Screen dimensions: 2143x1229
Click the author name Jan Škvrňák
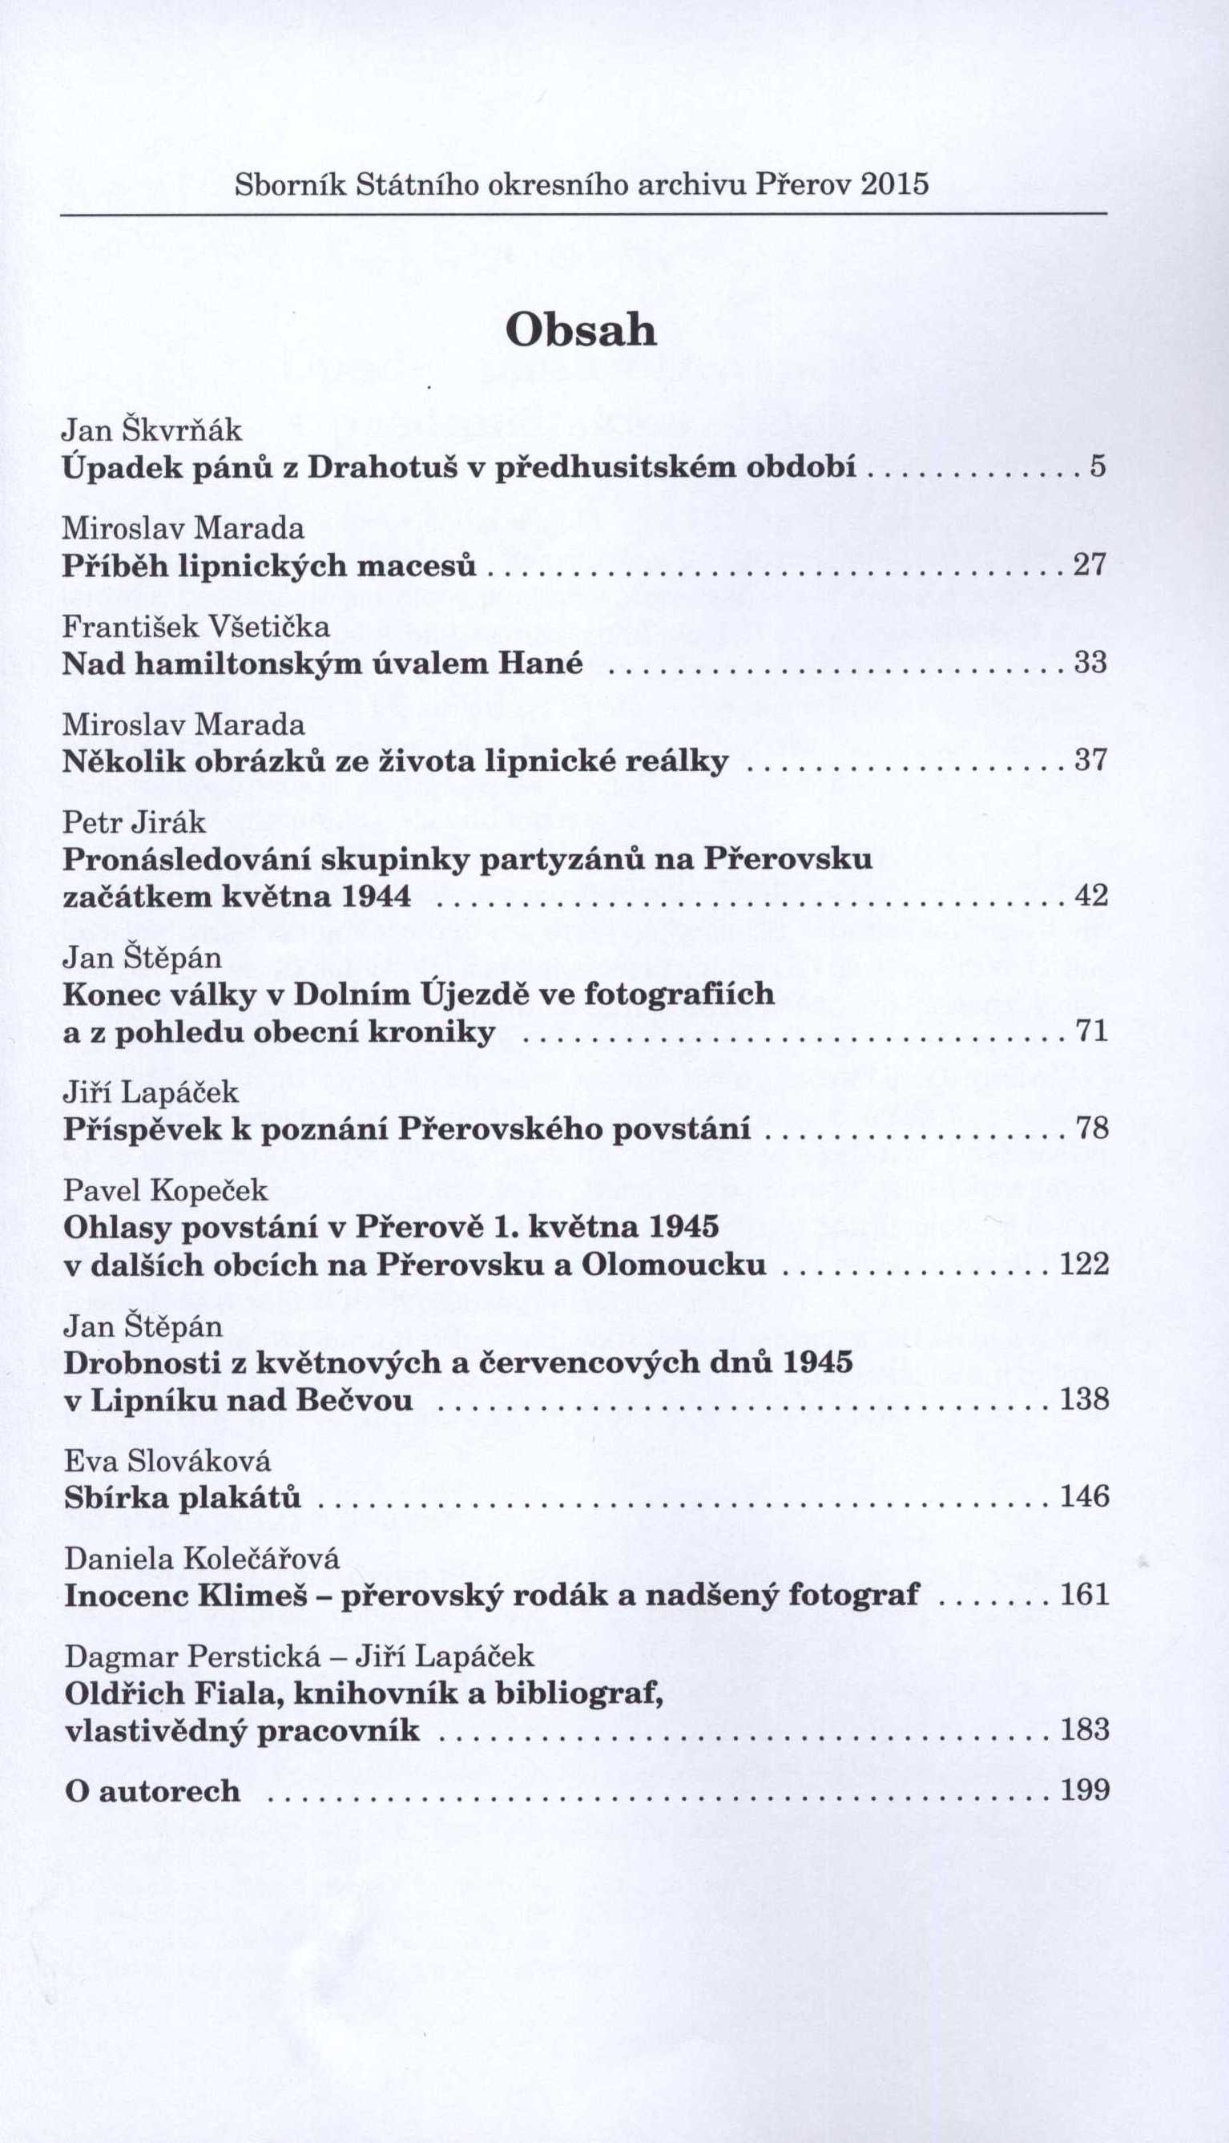tap(153, 430)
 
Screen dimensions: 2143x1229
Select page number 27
tap(1089, 564)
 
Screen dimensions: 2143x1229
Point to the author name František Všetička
tap(196, 626)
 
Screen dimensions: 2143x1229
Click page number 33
tap(1090, 663)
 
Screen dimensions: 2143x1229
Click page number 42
tap(1090, 896)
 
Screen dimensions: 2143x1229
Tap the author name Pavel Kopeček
tap(165, 1191)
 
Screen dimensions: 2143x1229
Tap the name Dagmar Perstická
tap(193, 1657)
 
